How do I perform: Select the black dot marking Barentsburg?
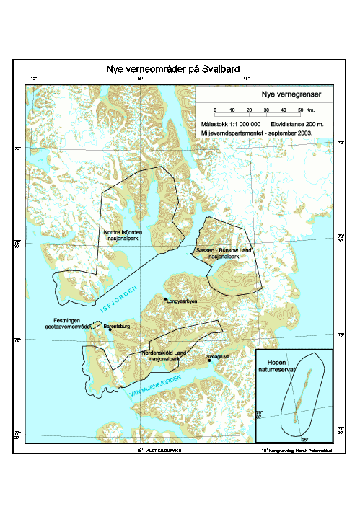[110, 329]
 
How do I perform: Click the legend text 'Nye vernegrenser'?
[291, 94]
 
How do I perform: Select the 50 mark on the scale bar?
[300, 110]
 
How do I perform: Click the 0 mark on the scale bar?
[214, 110]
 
